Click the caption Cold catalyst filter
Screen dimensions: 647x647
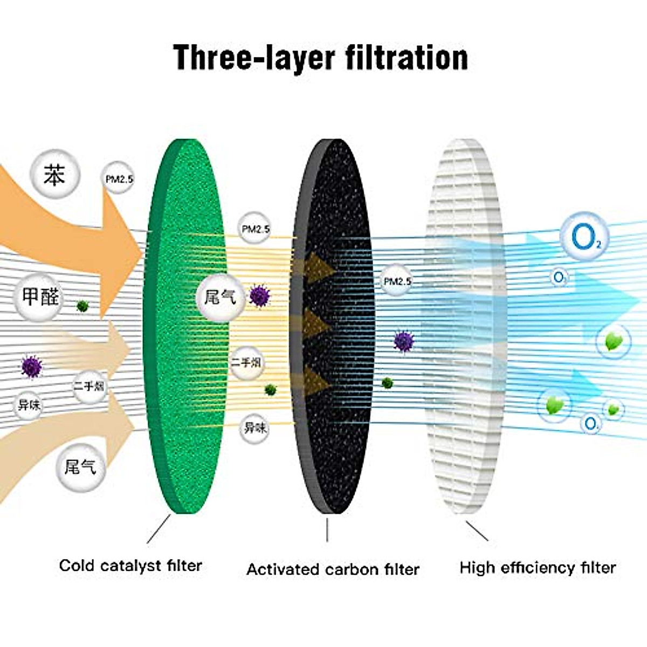pyautogui.click(x=130, y=566)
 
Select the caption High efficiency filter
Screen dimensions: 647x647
pyautogui.click(x=538, y=568)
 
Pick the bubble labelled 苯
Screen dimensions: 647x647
pyautogui.click(x=54, y=176)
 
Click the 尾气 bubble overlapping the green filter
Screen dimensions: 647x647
pyautogui.click(x=220, y=297)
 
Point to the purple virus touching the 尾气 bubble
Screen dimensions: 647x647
pyautogui.click(x=260, y=296)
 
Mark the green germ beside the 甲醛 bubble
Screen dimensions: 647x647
pyautogui.click(x=82, y=306)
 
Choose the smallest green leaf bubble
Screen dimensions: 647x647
pyautogui.click(x=613, y=409)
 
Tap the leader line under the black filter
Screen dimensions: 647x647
pyautogui.click(x=327, y=529)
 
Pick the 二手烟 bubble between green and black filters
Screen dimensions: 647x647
pyautogui.click(x=246, y=362)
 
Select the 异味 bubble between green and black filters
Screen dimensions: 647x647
pyautogui.click(x=254, y=428)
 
